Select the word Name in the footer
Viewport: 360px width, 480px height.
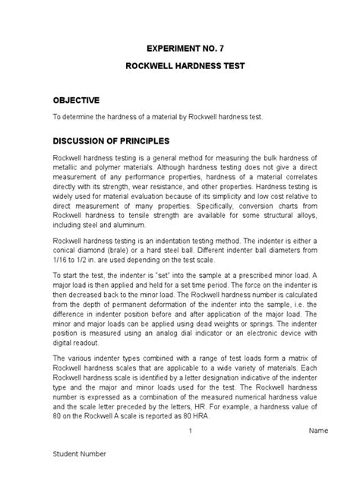pos(318,431)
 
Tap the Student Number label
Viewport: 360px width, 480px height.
pos(79,453)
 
